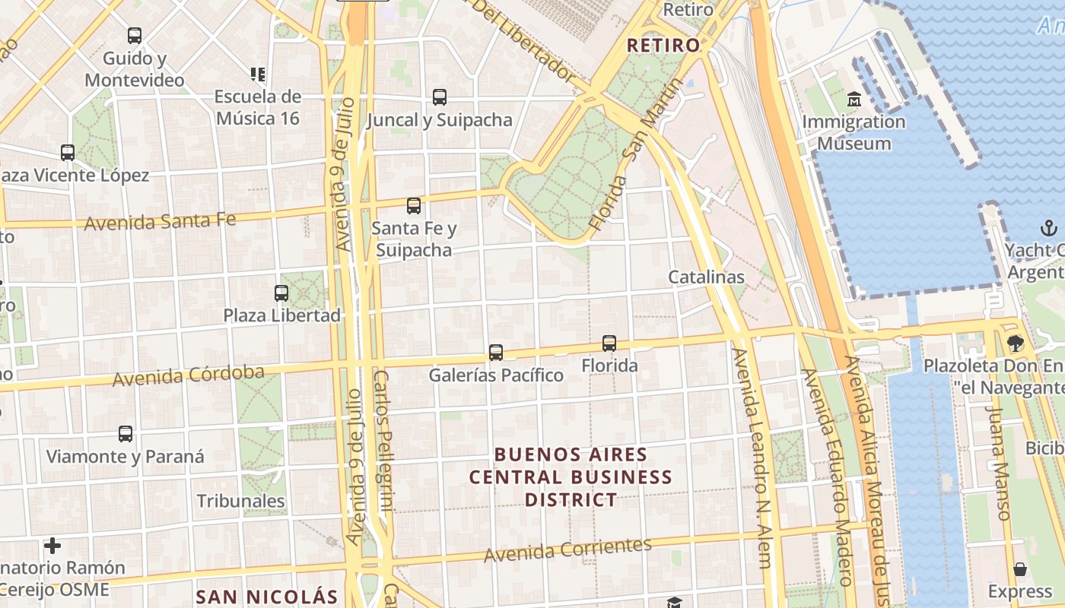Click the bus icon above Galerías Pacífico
496,352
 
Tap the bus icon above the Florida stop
609,343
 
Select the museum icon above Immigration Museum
854,100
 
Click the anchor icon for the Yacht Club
1048,228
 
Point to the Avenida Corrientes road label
568,549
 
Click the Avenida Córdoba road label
189,375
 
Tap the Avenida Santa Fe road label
160,222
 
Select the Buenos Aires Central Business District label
571,477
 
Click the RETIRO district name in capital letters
663,45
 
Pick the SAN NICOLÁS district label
266,597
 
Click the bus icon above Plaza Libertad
281,293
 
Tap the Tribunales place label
241,501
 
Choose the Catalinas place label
706,277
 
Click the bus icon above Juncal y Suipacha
440,97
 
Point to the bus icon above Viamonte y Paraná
126,434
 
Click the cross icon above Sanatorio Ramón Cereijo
52,545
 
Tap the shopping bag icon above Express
1019,569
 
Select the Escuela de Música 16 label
258,107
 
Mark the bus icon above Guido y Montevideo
135,35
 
